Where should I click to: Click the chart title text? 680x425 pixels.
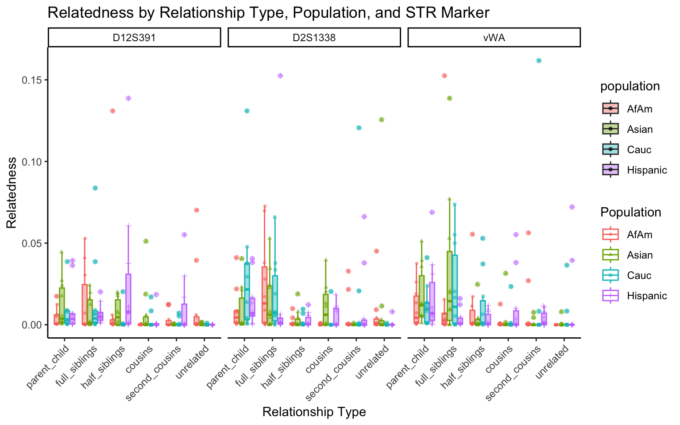(x=268, y=12)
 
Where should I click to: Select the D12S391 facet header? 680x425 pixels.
(x=134, y=38)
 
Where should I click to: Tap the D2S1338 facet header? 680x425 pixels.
(x=314, y=38)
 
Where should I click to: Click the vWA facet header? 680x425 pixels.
(x=494, y=38)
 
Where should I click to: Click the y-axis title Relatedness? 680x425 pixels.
(x=12, y=193)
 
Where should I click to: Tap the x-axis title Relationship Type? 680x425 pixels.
(x=314, y=412)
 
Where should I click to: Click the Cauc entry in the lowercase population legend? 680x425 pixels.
(x=639, y=150)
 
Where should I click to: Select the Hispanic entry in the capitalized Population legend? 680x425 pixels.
(x=647, y=296)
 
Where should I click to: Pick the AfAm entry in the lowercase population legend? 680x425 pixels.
(x=639, y=109)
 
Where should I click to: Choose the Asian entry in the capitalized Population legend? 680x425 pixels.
(x=640, y=255)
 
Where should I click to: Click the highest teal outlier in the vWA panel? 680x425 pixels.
(x=539, y=61)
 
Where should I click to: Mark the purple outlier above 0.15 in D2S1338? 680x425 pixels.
(x=280, y=76)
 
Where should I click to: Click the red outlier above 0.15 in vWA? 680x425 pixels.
(x=444, y=76)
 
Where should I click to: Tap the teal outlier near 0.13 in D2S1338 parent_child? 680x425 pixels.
(x=247, y=111)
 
